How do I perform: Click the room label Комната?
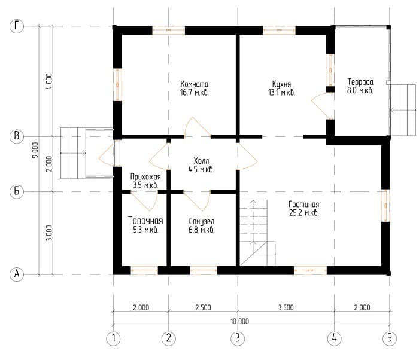(x=195, y=84)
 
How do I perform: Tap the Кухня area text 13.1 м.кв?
(x=282, y=93)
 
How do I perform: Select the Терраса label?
(x=360, y=82)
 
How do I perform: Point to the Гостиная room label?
(x=304, y=205)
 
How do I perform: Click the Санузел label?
(x=202, y=221)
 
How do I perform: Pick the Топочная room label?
(x=145, y=221)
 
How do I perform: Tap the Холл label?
(x=201, y=161)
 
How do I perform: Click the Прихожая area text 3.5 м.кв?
(x=145, y=185)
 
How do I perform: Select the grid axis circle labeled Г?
(x=17, y=26)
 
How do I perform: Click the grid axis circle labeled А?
(x=17, y=274)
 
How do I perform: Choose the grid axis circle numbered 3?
(x=238, y=338)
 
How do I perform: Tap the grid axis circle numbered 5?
(x=390, y=338)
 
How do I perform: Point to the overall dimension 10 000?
(x=239, y=321)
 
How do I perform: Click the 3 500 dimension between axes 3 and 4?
(x=286, y=307)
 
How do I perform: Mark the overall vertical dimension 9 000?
(x=35, y=150)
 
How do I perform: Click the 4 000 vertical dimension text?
(x=50, y=81)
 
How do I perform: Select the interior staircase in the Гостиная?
(x=257, y=233)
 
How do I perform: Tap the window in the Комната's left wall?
(x=117, y=84)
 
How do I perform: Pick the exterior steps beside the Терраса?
(x=403, y=110)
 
